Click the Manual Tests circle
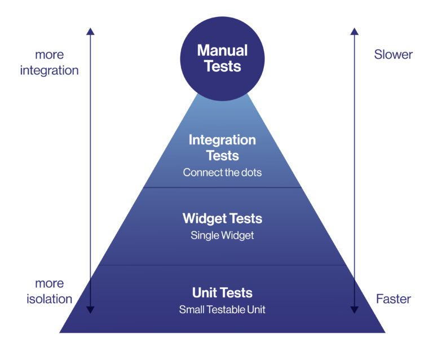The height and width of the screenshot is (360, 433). tap(222, 59)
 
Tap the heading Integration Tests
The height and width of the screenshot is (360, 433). tap(222, 147)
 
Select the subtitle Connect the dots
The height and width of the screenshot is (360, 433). tap(222, 173)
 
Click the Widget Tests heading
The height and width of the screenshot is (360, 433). tap(222, 218)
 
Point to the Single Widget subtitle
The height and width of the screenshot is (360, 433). tap(222, 235)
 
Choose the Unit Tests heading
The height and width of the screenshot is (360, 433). tap(222, 293)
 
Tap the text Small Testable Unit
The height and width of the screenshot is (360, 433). tap(222, 309)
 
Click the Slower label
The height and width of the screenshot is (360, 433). tap(393, 54)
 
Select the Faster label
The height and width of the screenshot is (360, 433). tap(394, 299)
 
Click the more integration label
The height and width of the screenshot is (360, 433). tap(50, 63)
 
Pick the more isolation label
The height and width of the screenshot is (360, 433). tap(50, 291)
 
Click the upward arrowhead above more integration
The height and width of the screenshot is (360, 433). tap(90, 31)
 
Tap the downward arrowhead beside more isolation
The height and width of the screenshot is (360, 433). tap(90, 310)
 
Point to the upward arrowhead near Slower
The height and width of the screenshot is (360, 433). tap(354, 31)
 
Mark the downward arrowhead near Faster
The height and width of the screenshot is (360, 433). tap(354, 310)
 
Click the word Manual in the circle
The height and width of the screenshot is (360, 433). tap(222, 50)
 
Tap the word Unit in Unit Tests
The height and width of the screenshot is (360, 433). tap(204, 293)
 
